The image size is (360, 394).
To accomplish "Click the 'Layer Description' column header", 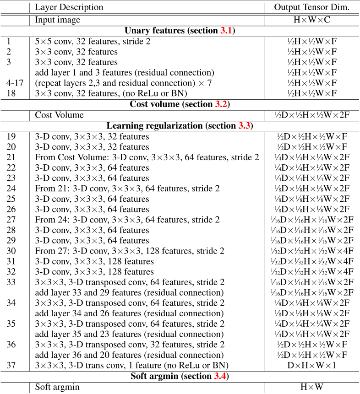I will point(69,7).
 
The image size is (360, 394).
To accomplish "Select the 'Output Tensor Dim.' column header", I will point(311,7).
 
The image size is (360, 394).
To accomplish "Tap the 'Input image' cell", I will point(58,20).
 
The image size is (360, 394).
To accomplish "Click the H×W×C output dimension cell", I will point(311,20).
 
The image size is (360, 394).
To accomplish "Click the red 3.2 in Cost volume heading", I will point(221,104).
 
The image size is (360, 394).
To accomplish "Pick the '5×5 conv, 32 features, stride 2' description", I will point(93,41).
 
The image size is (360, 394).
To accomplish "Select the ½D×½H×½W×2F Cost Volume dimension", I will point(311,115).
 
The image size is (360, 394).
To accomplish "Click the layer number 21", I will point(11,157).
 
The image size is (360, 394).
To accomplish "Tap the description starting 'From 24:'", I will point(127,220).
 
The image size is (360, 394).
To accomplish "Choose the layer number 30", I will point(11,251).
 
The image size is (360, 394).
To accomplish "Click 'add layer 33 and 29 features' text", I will point(129,292).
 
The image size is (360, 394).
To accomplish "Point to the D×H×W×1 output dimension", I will point(311,365).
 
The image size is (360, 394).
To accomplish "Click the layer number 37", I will point(11,365).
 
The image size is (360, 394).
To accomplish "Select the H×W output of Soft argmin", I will point(311,387).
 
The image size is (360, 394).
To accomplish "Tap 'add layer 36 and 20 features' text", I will point(129,355).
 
